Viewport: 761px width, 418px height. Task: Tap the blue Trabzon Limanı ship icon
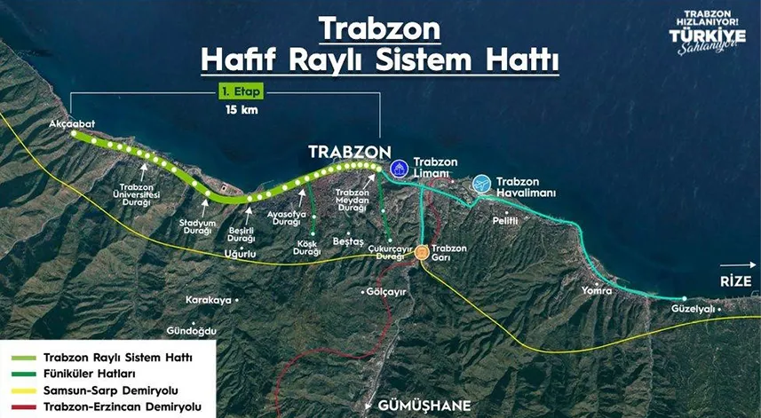399,167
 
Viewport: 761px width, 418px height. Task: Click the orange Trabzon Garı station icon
422,252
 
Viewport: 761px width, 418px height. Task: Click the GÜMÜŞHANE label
424,406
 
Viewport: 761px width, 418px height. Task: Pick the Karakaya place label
208,300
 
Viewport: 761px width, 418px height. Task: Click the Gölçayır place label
385,291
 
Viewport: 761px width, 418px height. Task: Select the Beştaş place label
348,241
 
